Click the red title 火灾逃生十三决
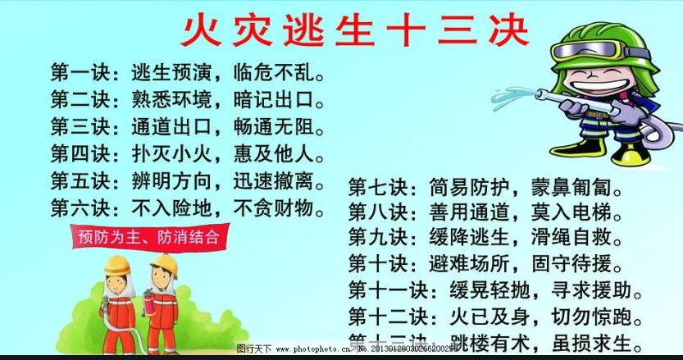[x=354, y=31]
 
